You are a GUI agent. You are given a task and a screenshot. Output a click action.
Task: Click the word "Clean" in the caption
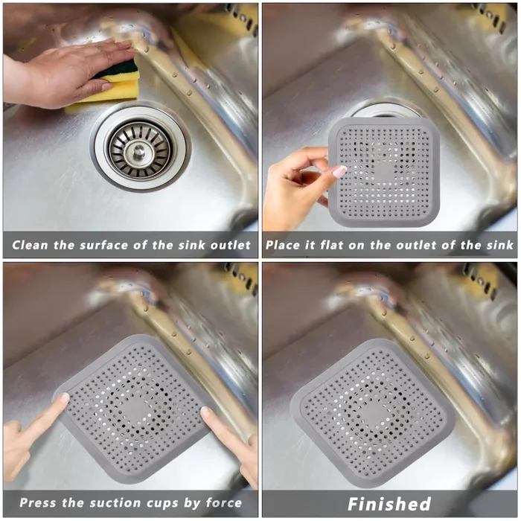click(x=31, y=245)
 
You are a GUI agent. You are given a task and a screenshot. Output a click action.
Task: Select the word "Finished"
click(x=389, y=504)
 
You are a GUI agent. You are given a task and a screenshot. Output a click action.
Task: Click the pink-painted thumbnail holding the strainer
click(x=339, y=172)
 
